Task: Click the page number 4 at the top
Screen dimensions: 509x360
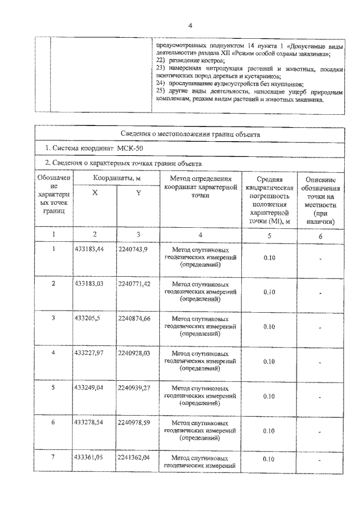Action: (190, 25)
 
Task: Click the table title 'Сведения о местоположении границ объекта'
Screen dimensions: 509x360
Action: (190, 134)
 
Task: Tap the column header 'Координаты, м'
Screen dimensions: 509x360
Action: (116, 178)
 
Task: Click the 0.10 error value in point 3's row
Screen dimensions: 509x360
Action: (268, 327)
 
